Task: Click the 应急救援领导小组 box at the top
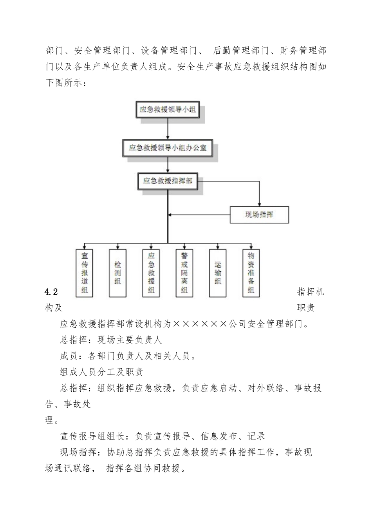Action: pyautogui.click(x=168, y=110)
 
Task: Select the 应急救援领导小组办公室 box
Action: pyautogui.click(x=168, y=148)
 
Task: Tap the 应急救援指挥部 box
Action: pyautogui.click(x=168, y=181)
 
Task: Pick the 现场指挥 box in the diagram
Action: pyautogui.click(x=259, y=215)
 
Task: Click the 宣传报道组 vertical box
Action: pyautogui.click(x=84, y=273)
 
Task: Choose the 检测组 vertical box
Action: pyautogui.click(x=118, y=273)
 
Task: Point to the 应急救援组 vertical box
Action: pyautogui.click(x=151, y=273)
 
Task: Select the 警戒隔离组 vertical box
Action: pyautogui.click(x=184, y=273)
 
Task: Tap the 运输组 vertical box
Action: pyautogui.click(x=218, y=273)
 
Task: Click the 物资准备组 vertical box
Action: pyautogui.click(x=251, y=273)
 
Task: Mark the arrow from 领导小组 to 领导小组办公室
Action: pyautogui.click(x=168, y=129)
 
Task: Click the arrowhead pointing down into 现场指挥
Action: pyautogui.click(x=260, y=205)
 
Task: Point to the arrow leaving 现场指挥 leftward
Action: pyautogui.click(x=199, y=215)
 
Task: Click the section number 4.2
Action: pyautogui.click(x=51, y=292)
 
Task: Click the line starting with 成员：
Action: pyautogui.click(x=128, y=356)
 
